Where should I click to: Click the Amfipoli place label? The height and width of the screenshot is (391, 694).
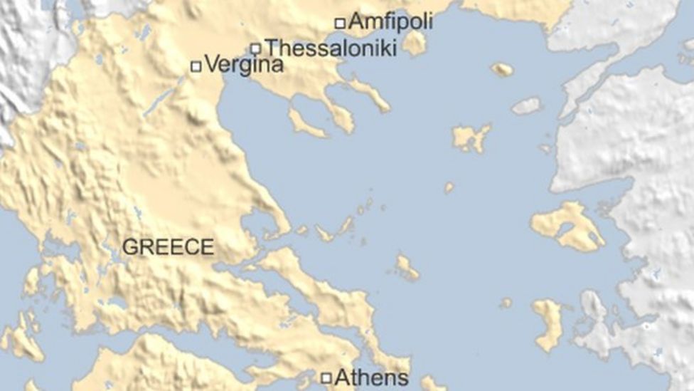coord(390,22)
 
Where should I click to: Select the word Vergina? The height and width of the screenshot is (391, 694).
coord(244,66)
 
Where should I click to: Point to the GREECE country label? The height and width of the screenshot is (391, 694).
coord(168,247)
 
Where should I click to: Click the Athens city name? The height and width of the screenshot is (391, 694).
coord(371,377)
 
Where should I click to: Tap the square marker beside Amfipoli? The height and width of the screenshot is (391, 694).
coord(340,23)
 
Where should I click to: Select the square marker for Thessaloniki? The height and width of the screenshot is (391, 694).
coord(256,48)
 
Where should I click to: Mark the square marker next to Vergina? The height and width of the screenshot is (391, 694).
coord(196,66)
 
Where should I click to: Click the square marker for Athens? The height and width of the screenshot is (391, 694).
coord(326,378)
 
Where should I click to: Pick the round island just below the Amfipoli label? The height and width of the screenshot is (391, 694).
coord(414,43)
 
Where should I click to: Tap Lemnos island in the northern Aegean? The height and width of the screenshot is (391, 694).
coord(471,137)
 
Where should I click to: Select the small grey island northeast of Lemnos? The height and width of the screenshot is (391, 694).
coord(527,106)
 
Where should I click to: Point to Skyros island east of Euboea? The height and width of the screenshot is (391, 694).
coord(407,268)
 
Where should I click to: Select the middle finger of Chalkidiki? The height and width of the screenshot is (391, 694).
coord(339,115)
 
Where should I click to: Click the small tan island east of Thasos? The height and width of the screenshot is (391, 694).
coord(502,69)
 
